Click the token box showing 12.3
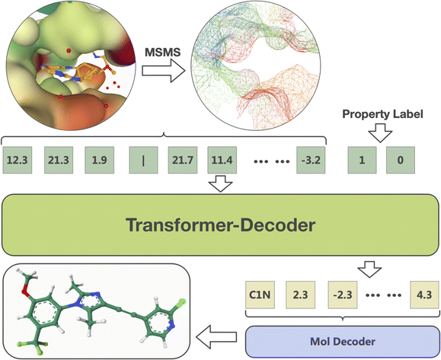point(18,160)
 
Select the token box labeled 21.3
point(59,160)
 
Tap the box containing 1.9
point(100,160)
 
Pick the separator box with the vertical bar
point(143,160)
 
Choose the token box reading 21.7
point(183,160)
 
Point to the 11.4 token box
point(222,160)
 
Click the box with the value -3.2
point(311,160)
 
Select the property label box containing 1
point(362,160)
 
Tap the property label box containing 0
point(400,160)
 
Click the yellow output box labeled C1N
point(260,295)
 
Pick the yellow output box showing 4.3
point(424,295)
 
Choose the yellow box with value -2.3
point(343,295)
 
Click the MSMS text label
point(163,53)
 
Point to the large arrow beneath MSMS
point(164,71)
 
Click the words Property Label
point(382,114)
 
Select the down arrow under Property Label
point(380,132)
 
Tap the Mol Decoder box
point(342,342)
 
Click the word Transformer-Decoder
point(221,225)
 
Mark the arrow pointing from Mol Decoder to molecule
point(216,337)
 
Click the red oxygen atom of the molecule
point(26,293)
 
